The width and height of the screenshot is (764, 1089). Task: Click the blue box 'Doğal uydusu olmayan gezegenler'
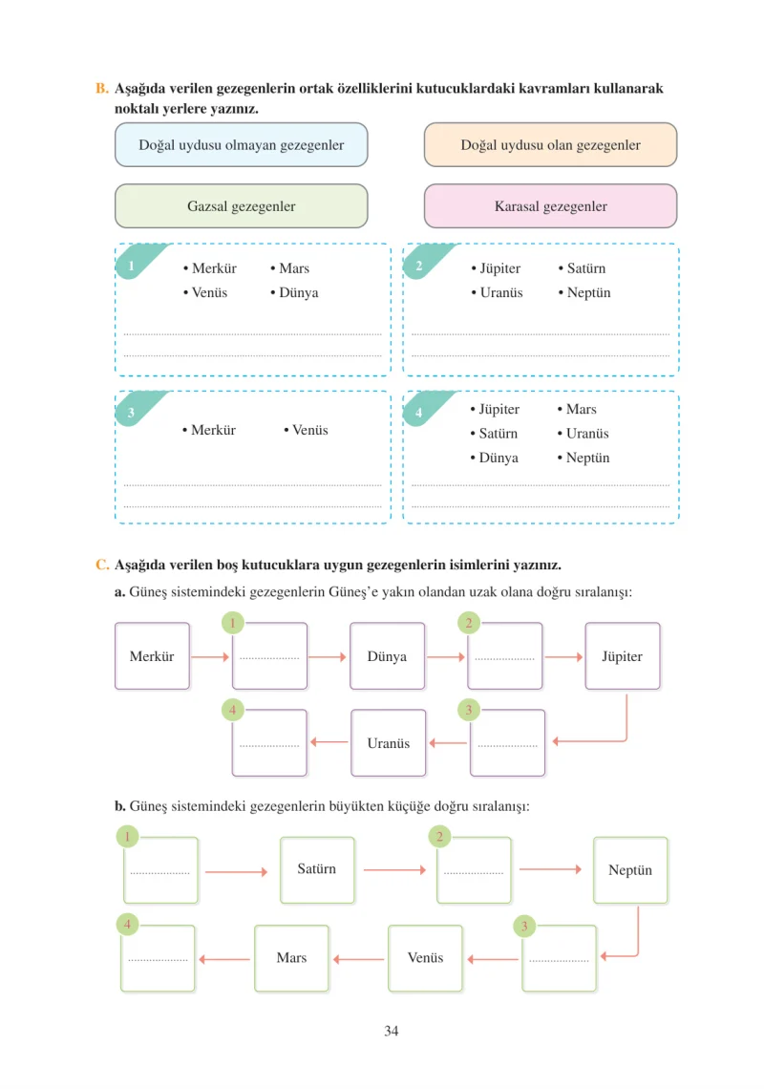[241, 144]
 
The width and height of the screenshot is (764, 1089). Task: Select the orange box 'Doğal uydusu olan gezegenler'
[550, 144]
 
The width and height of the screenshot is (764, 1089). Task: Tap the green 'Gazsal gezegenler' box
[241, 205]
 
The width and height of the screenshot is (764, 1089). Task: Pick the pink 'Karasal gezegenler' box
[550, 205]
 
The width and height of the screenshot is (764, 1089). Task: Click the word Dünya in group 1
[299, 292]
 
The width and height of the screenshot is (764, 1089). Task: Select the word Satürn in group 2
[586, 268]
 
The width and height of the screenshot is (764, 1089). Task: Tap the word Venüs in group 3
[309, 430]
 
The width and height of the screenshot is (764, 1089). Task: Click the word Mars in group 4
[582, 409]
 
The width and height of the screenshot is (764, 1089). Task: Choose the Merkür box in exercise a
[152, 655]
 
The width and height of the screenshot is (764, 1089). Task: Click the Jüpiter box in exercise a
[623, 655]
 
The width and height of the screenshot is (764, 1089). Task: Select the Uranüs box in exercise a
[389, 742]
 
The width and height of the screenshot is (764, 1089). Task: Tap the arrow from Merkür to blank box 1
[210, 656]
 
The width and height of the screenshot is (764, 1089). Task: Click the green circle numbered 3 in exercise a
[469, 710]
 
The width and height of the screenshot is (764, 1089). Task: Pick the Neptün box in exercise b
[630, 870]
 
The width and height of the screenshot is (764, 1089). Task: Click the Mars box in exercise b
[291, 958]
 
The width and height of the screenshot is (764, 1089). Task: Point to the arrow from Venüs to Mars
[358, 959]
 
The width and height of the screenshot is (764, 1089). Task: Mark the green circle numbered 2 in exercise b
[439, 837]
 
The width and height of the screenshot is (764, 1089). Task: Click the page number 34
[391, 1031]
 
